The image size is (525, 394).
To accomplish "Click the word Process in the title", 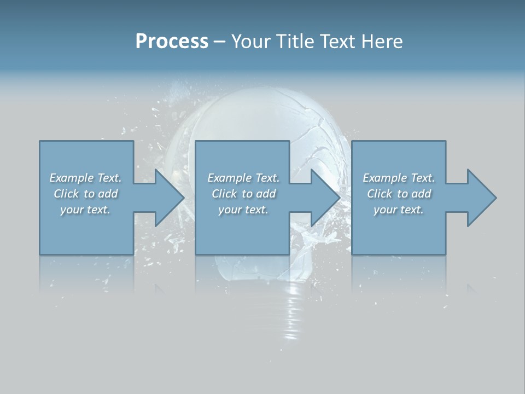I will tap(172, 41).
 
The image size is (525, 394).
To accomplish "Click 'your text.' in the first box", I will tap(85, 210).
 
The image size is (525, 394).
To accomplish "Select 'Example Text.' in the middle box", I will tap(243, 178).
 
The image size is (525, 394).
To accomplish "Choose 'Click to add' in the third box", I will tap(399, 194).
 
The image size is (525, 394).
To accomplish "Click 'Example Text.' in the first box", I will tap(85, 178).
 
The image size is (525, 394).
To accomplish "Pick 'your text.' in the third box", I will tap(399, 210).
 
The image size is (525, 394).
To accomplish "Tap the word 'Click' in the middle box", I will tap(224, 194).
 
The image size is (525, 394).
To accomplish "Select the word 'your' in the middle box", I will tap(229, 210).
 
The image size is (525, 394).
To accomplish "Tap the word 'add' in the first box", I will tap(107, 194).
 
